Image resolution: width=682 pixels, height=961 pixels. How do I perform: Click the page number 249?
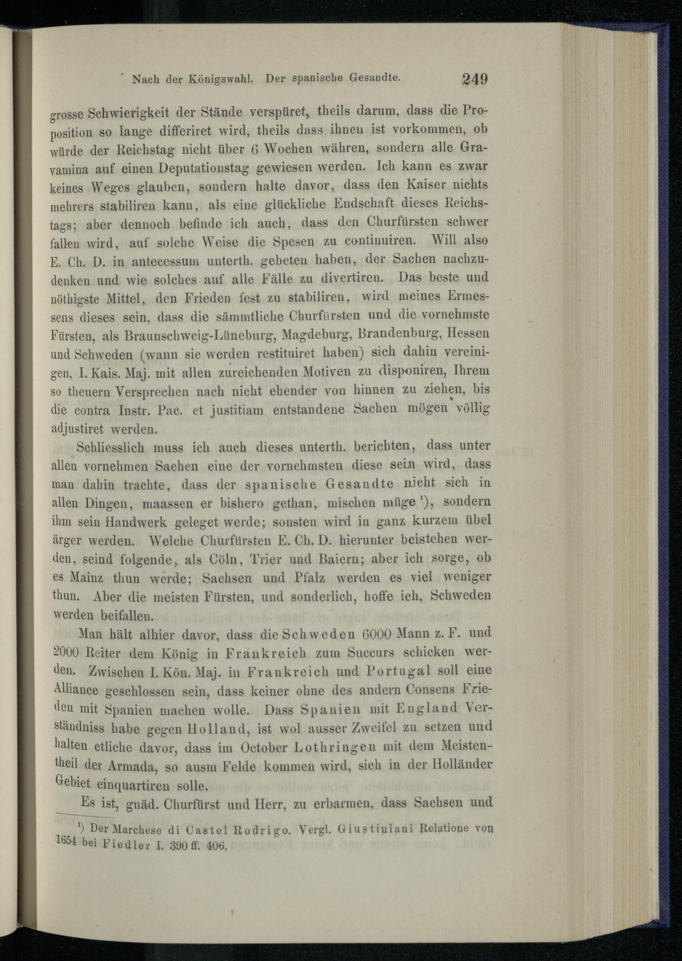475,78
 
